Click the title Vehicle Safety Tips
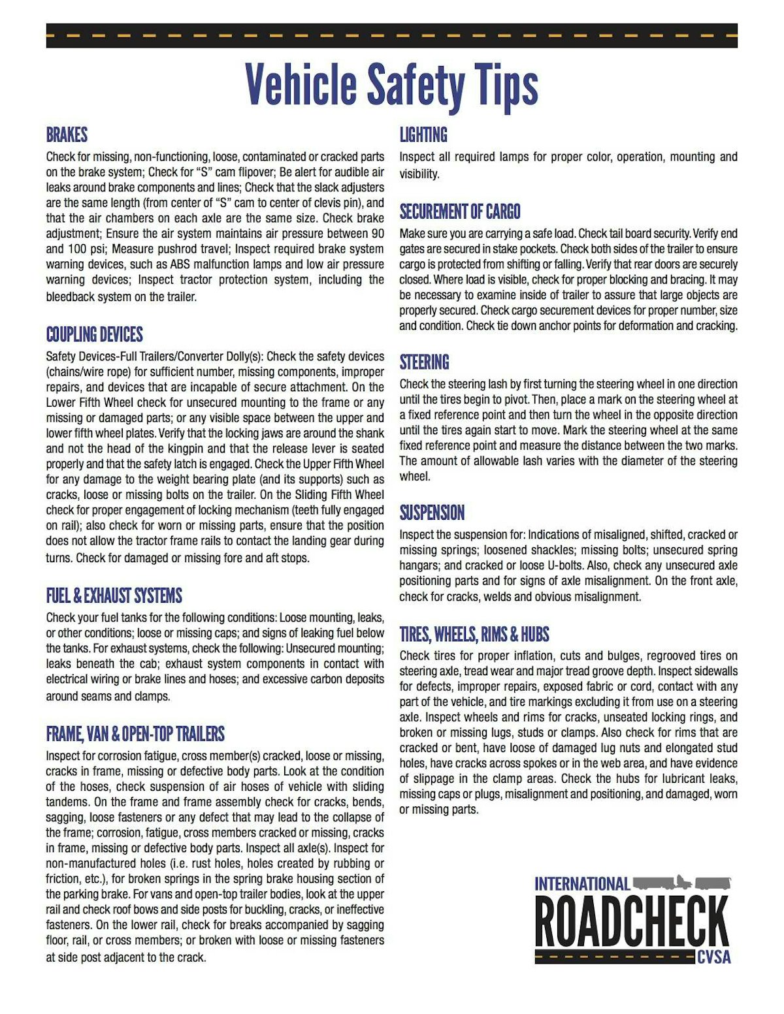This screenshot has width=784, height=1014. (391, 85)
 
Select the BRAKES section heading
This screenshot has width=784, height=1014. (67, 135)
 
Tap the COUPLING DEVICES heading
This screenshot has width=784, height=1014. (94, 335)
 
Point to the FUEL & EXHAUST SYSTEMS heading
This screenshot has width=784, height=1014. (114, 595)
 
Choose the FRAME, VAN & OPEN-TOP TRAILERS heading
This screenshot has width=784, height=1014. (135, 734)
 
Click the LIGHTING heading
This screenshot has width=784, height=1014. (423, 135)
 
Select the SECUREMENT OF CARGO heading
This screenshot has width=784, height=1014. (460, 212)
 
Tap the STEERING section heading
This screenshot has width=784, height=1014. (424, 362)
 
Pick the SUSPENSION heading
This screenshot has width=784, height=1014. (432, 513)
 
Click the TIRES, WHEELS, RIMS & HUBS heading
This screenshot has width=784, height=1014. (474, 634)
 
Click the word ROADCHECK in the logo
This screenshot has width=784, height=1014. (631, 921)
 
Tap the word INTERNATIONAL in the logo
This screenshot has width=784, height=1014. (582, 884)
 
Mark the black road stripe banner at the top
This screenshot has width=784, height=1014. (391, 35)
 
